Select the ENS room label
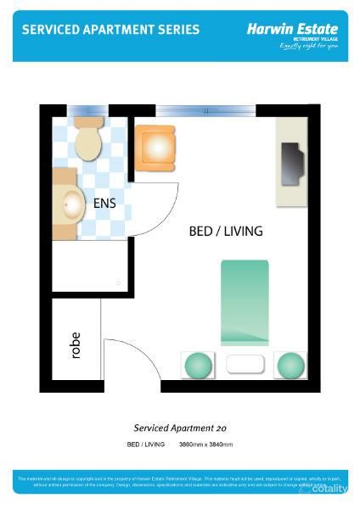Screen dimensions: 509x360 [105, 204]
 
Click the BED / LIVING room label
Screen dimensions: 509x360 [225, 231]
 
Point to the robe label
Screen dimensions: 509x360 [76, 344]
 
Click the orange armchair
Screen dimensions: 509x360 [156, 146]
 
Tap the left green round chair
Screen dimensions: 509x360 [197, 365]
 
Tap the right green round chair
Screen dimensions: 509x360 [290, 365]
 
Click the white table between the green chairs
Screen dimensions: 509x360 [245, 366]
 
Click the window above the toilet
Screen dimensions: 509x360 [88, 110]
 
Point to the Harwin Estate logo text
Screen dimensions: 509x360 [291, 28]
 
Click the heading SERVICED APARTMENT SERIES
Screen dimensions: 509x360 [110, 30]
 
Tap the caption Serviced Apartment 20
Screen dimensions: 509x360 [180, 428]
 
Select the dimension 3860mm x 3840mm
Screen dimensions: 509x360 [205, 445]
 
